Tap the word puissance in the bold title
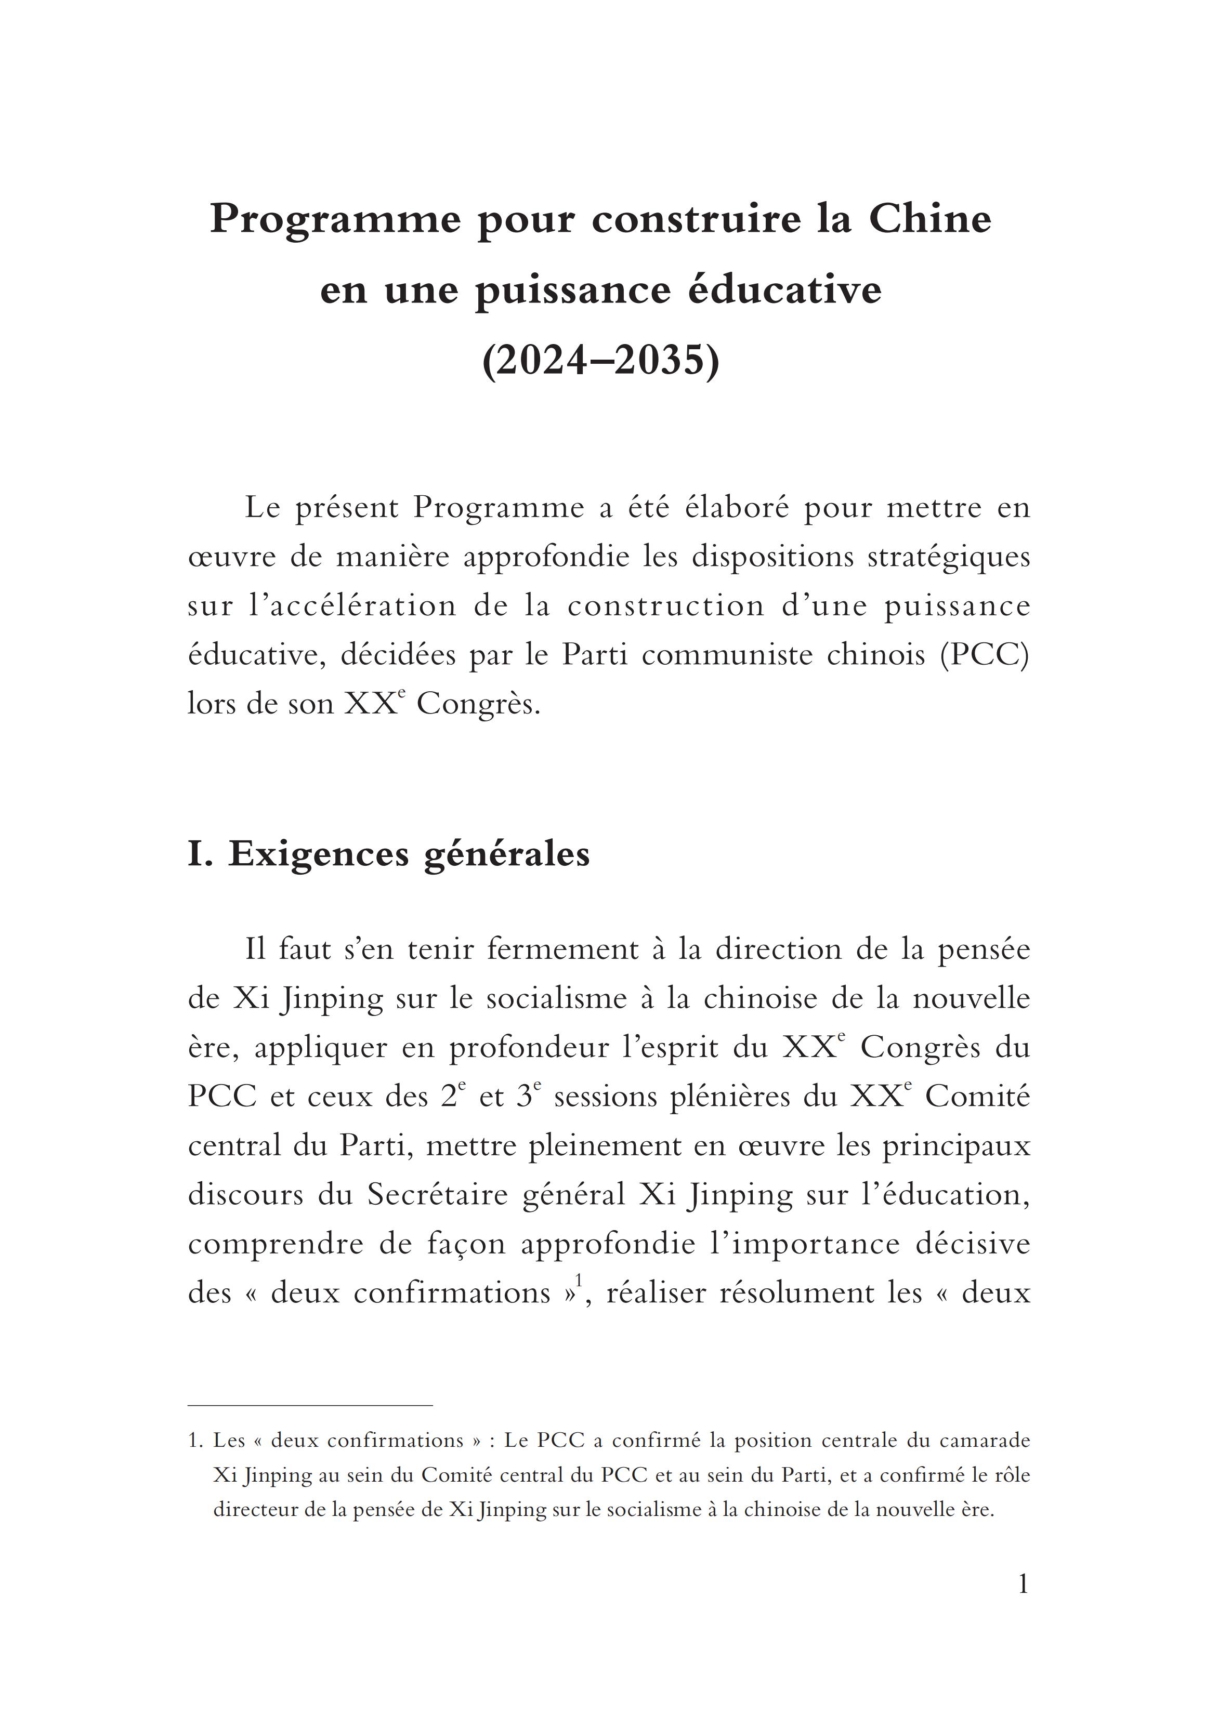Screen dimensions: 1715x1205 (x=573, y=291)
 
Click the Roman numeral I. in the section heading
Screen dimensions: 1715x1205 (x=200, y=854)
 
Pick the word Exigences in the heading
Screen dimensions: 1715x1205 (x=318, y=854)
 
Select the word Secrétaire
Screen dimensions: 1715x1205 (x=437, y=1194)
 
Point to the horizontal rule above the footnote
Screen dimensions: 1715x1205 (x=310, y=1405)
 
